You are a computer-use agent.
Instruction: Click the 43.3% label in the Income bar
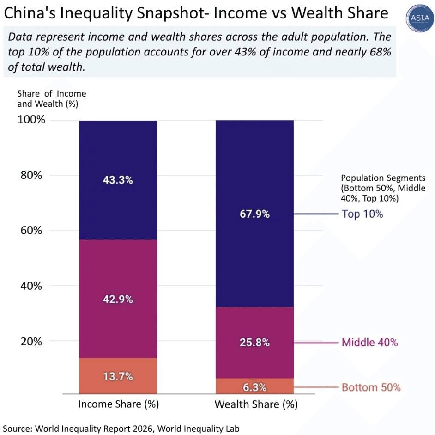click(117, 180)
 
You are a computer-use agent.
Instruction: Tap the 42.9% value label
click(117, 299)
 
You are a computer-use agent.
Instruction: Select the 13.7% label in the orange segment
click(117, 376)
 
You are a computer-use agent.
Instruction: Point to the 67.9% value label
click(254, 214)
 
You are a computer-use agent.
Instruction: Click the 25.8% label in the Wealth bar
click(254, 343)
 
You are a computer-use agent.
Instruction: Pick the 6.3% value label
click(254, 386)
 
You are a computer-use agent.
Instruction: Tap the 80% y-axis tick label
click(31, 175)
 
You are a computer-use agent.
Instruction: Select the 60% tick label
click(31, 230)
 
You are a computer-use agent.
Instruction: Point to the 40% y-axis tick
click(31, 286)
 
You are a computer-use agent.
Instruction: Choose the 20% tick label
click(31, 341)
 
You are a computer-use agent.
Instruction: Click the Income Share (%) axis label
click(118, 404)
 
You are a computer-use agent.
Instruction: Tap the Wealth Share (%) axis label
click(256, 404)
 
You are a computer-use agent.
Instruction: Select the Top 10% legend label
click(362, 214)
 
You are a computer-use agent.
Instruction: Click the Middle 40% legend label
click(369, 343)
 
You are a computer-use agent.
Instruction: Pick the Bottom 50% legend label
click(371, 387)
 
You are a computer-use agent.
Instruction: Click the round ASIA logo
click(418, 18)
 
